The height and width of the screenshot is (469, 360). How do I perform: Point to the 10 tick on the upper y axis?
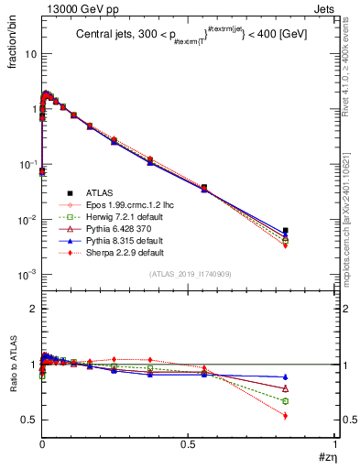tap(30, 53)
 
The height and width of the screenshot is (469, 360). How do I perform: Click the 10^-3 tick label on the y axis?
tap(27, 275)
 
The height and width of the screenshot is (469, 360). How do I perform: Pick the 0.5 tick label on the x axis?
tap(188, 444)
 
